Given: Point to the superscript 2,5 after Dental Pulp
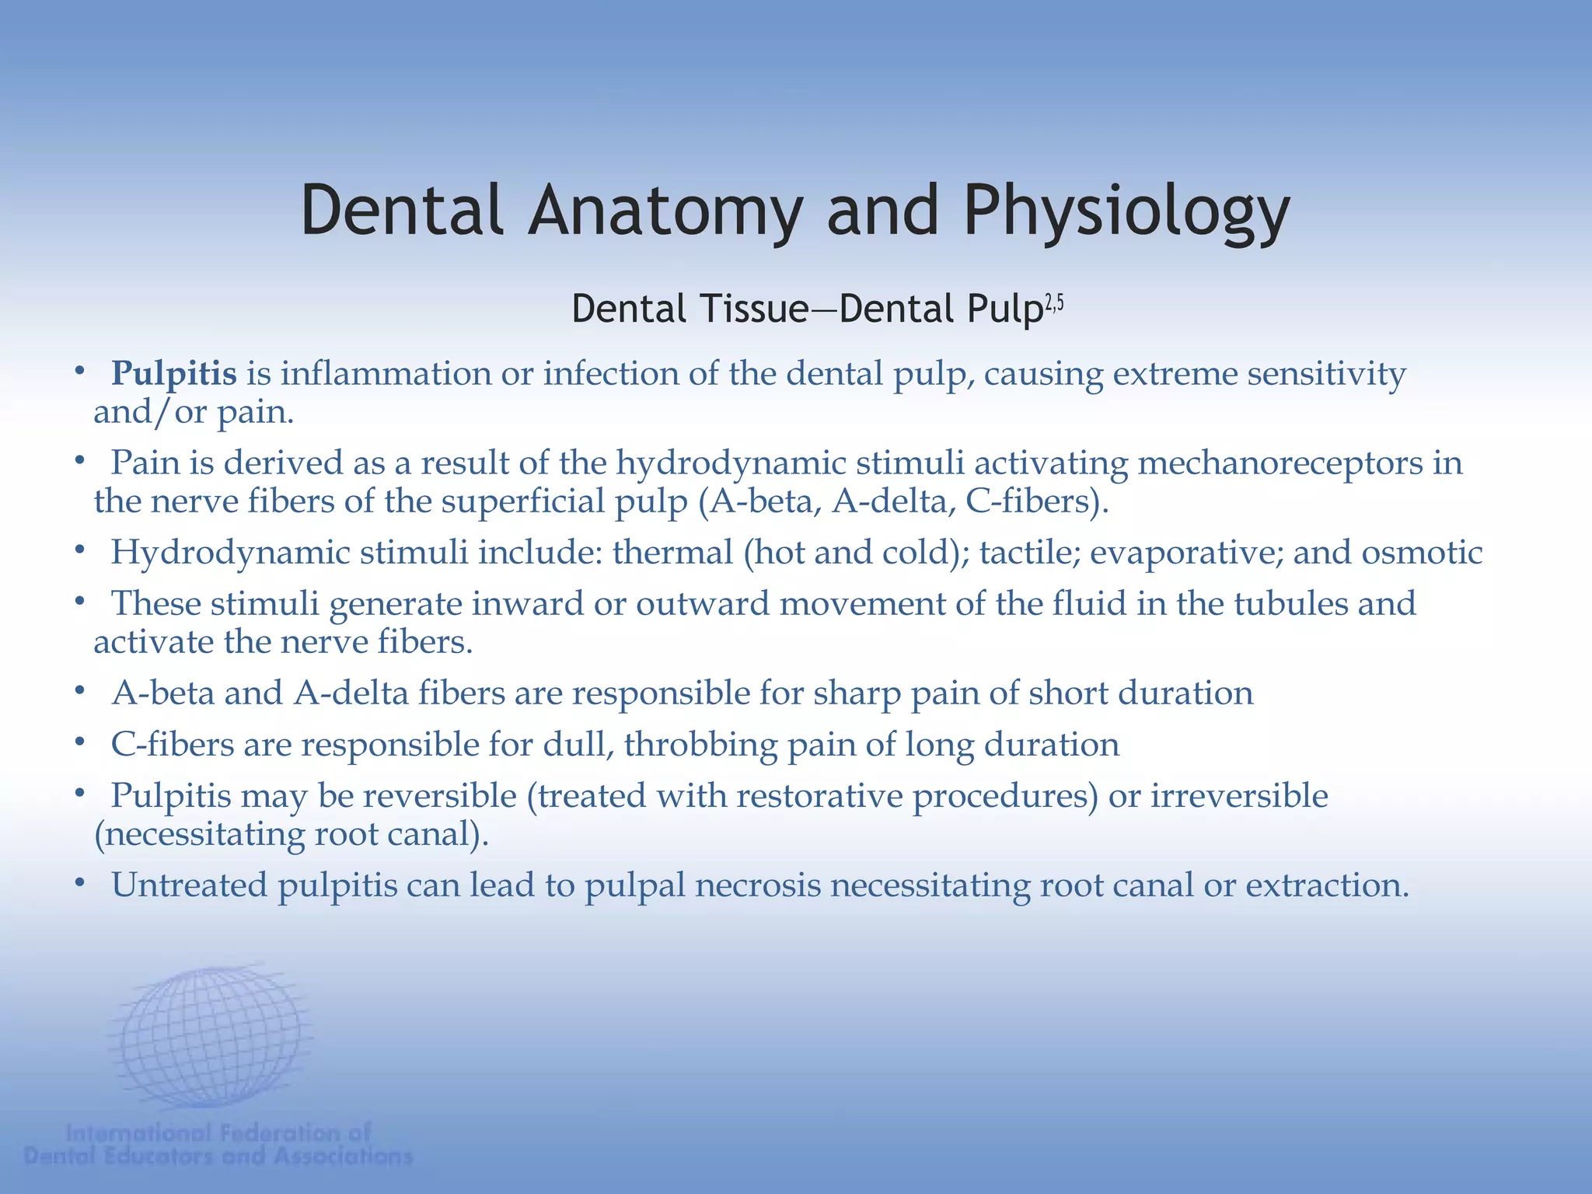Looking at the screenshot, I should (x=1053, y=302).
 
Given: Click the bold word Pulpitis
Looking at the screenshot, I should (x=173, y=374).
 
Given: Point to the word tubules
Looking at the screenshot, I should (x=1291, y=604).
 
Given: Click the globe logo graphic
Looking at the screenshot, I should (x=210, y=1038).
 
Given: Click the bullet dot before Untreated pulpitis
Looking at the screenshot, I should (x=79, y=884).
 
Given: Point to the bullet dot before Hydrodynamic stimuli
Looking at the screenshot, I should (x=79, y=551).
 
